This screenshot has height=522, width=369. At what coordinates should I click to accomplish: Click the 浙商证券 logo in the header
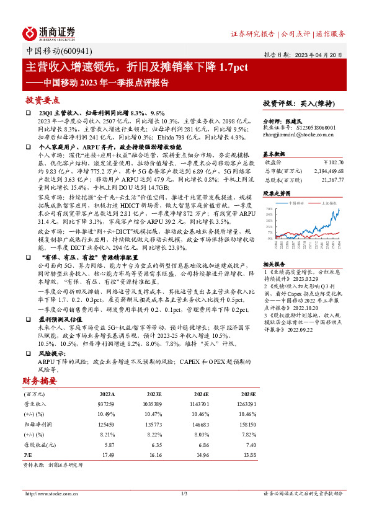(49, 32)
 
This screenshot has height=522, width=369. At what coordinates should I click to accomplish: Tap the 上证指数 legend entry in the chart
(330, 203)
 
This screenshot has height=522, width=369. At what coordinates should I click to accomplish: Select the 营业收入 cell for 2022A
(105, 402)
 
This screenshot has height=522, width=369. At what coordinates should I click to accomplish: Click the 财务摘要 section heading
(40, 381)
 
